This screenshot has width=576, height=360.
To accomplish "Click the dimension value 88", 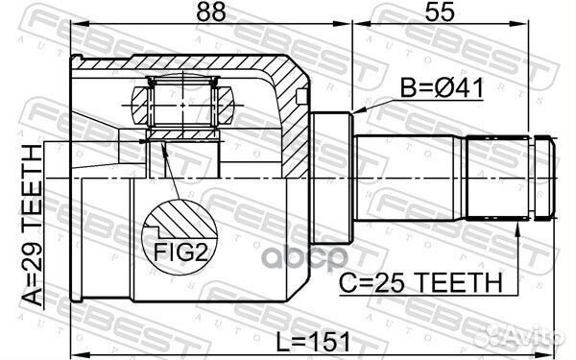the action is (211, 12).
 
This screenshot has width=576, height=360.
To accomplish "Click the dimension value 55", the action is (440, 12).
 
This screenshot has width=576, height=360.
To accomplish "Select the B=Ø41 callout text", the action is (442, 88).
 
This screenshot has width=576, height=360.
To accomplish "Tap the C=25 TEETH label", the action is (420, 283).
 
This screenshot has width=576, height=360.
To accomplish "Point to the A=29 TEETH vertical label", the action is (32, 225).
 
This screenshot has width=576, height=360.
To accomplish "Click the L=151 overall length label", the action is (313, 342).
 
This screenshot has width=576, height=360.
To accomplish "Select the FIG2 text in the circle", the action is (180, 252).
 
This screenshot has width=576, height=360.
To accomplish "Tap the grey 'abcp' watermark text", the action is (306, 257).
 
